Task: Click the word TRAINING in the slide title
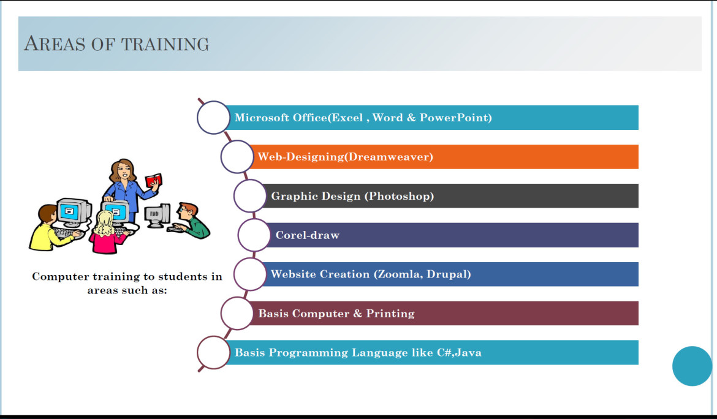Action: [165, 44]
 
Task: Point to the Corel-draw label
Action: [307, 235]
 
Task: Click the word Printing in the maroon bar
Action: [390, 314]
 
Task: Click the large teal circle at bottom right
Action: [692, 366]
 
